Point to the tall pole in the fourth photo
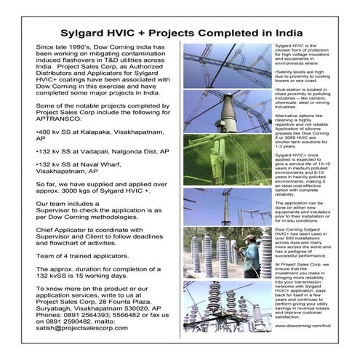tap(225, 207)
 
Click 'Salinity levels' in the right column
tap(293, 71)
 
